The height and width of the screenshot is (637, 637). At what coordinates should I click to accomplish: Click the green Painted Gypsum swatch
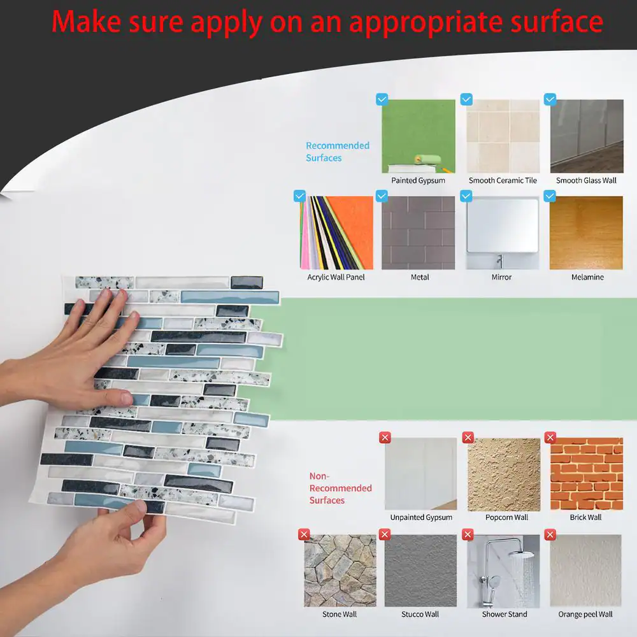[x=419, y=136]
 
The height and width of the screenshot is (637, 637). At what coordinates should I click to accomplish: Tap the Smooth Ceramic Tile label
[x=503, y=180]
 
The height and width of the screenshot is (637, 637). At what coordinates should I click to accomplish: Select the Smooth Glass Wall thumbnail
[x=587, y=136]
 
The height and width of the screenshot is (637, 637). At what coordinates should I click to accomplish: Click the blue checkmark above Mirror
[x=466, y=196]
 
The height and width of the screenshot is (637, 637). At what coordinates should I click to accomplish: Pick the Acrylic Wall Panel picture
[x=336, y=233]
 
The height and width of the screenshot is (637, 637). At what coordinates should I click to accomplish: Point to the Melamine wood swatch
[x=586, y=233]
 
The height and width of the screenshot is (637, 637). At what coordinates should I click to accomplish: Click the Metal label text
[x=420, y=277]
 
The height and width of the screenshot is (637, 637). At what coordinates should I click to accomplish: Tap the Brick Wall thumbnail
[x=587, y=474]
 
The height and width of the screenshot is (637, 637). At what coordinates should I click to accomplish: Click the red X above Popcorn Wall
[x=468, y=438]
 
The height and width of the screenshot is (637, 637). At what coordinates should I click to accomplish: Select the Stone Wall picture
[x=340, y=570]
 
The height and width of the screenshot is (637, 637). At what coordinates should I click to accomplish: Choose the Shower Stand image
[x=504, y=570]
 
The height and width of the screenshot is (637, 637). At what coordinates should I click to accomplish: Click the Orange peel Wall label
[x=585, y=614]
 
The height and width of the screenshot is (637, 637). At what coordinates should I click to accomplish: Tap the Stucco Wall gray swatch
[x=420, y=570]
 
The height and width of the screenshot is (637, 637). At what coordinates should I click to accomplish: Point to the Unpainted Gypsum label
[x=421, y=517]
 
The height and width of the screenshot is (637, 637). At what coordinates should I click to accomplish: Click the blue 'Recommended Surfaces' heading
[x=338, y=152]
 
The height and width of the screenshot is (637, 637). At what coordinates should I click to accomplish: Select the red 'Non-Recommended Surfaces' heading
[x=340, y=488]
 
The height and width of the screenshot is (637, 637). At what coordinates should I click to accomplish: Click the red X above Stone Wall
[x=304, y=534]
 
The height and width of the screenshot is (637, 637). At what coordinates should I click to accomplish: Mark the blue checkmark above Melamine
[x=550, y=196]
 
